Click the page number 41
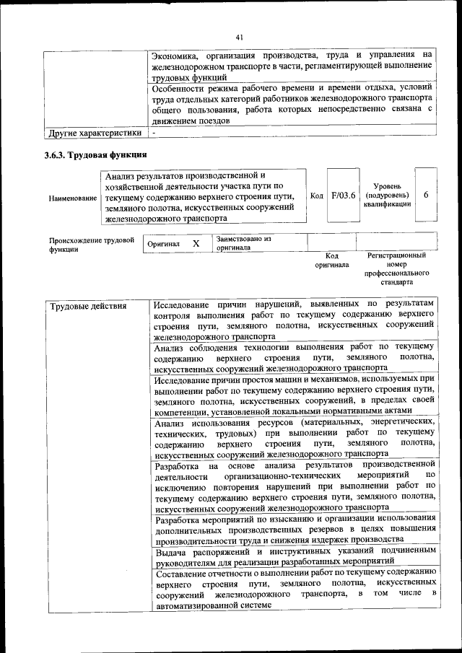pos(240,38)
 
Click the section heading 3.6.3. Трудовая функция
pos(95,154)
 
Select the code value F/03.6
pos(343,196)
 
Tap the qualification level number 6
pos(426,196)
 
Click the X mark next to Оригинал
pos(196,244)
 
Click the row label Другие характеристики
pos(95,133)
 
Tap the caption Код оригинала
pos(331,260)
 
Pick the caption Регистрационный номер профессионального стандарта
pos(396,269)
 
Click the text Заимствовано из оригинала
pos(243,242)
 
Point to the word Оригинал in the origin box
pos(163,245)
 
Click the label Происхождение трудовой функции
pos(91,245)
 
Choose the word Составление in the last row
pos(184,571)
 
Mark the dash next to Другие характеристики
pos(154,133)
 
